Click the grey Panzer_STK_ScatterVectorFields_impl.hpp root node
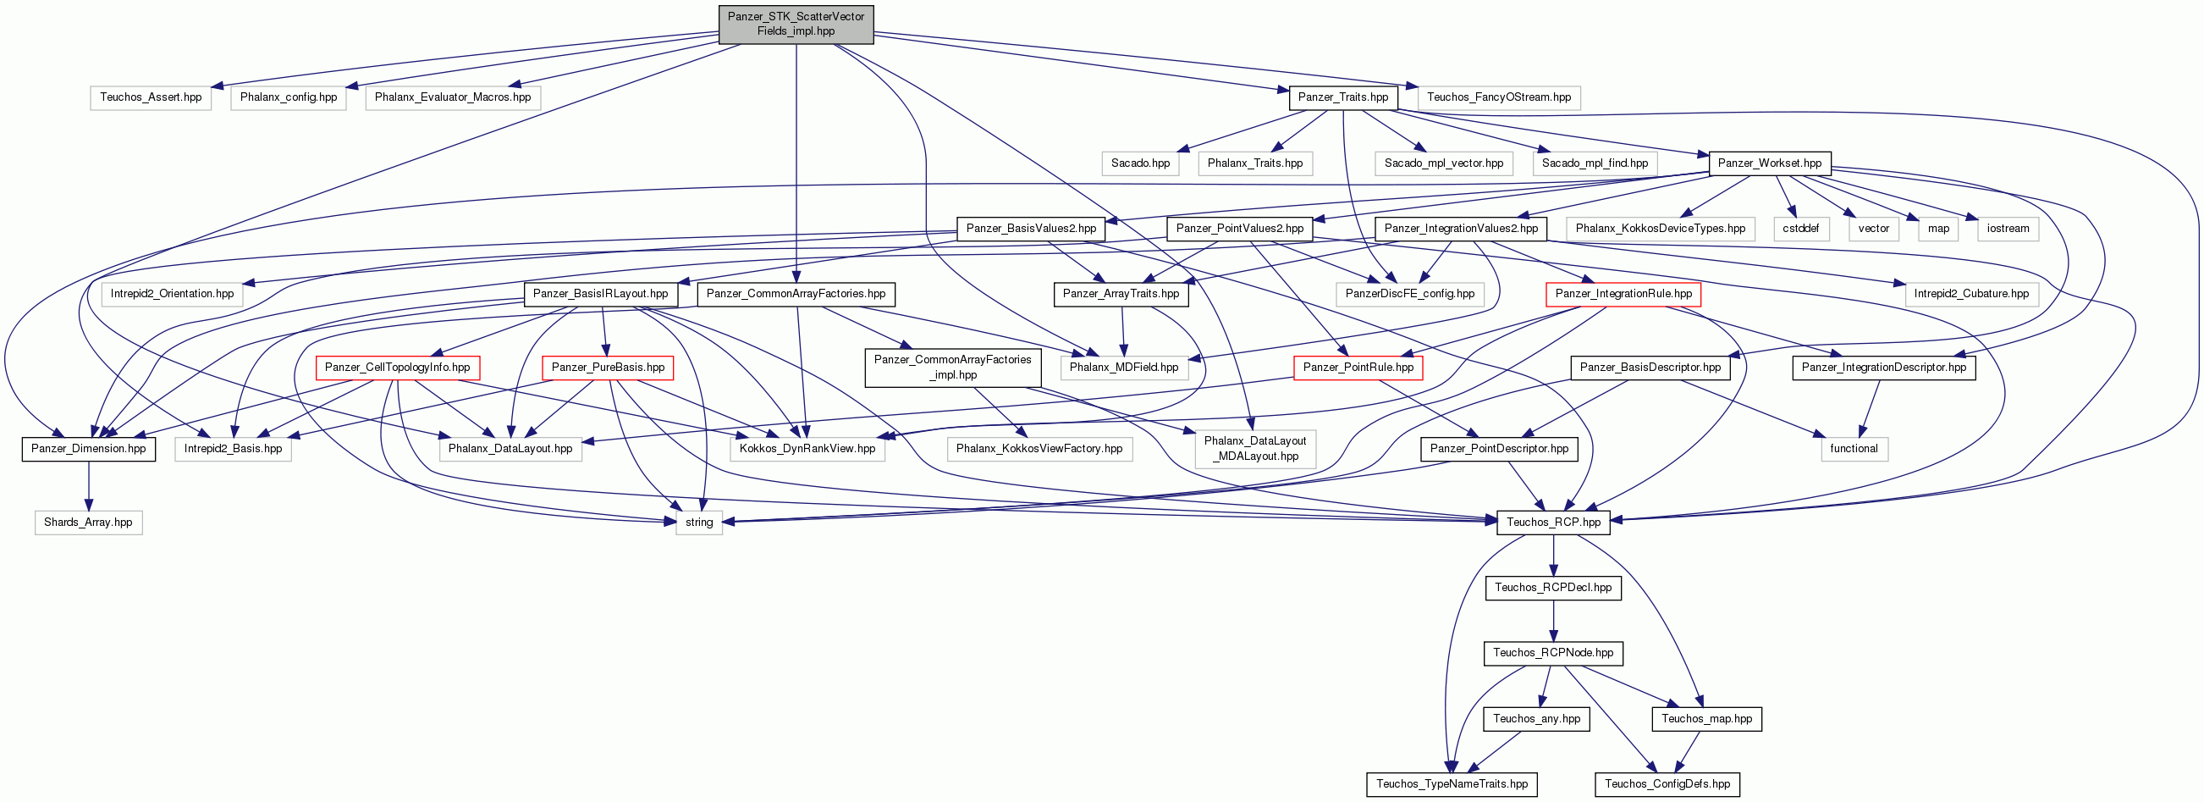pos(796,24)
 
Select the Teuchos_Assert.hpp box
pos(151,97)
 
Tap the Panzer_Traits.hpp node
pos(1343,97)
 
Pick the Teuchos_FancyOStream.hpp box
pos(1499,97)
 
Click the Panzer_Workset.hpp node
pos(1769,163)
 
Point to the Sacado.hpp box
pos(1140,163)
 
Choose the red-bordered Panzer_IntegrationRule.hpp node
pos(1624,295)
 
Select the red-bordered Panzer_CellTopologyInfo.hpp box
pos(398,368)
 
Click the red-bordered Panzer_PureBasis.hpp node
pos(609,368)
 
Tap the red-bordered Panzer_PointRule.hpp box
pos(1358,368)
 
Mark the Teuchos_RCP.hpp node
pos(1554,523)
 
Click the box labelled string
pos(699,523)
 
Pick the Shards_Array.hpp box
pos(88,523)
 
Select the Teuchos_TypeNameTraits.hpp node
pos(1452,785)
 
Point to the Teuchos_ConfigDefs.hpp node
pos(1667,785)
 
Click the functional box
pos(1854,450)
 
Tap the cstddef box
pos(1801,230)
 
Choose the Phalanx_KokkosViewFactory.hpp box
pos(1039,450)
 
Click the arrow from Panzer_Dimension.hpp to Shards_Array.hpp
pos(88,486)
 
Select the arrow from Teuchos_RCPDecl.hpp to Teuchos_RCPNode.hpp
pos(1554,622)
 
